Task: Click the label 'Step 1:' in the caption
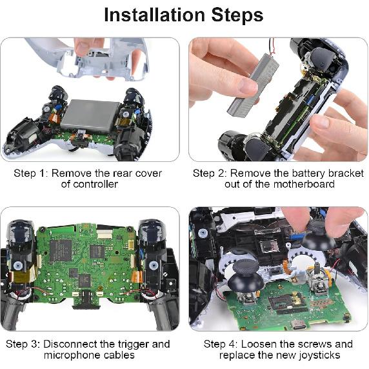[32, 173]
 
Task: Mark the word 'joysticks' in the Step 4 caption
[317, 355]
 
